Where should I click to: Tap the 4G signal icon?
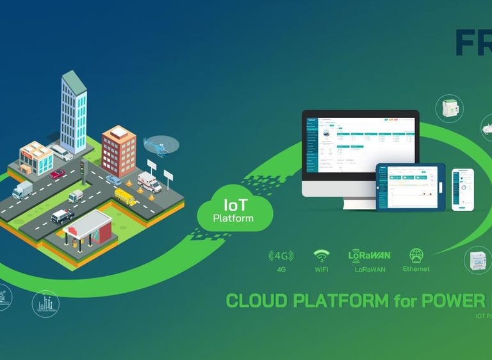281,256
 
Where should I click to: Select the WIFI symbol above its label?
321,256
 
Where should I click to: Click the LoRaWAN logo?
370,255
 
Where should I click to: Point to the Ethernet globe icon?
416,254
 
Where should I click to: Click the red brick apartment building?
119,151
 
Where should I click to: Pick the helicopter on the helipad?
157,145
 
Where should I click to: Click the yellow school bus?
126,197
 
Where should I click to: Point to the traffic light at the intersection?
82,168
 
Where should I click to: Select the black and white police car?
62,216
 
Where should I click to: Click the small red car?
58,174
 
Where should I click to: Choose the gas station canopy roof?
88,222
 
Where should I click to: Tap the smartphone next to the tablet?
463,189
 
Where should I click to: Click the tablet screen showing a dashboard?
410,186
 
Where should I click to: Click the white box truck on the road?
22,190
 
